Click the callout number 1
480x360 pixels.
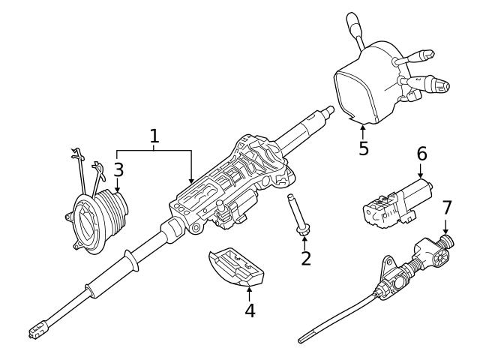pos(154,136)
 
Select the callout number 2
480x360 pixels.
pos(305,259)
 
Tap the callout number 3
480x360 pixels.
pos(118,169)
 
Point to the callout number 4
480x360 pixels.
pos(250,310)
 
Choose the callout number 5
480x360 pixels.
pos(364,148)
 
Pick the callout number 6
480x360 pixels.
pos(421,154)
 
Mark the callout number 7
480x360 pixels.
pos(447,206)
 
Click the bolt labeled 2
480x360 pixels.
pos(297,218)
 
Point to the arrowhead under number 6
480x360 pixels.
pos(421,177)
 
